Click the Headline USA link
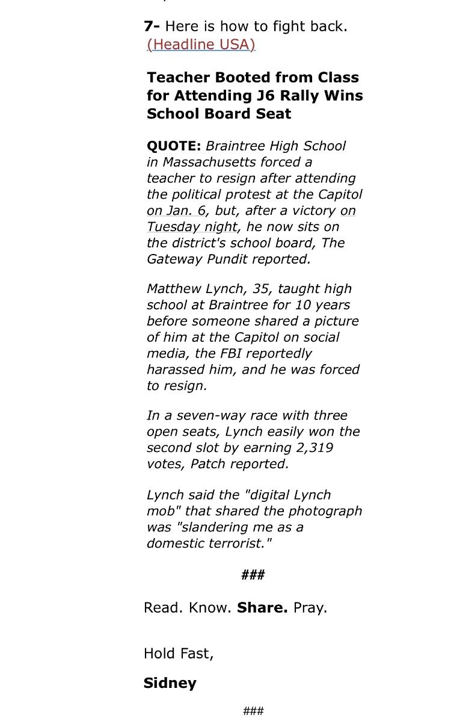[x=201, y=45]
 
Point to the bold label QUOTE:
[x=174, y=146]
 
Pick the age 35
[x=260, y=289]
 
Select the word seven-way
[x=192, y=416]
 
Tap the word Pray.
[x=310, y=608]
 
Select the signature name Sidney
[x=170, y=683]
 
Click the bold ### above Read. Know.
[x=253, y=575]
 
